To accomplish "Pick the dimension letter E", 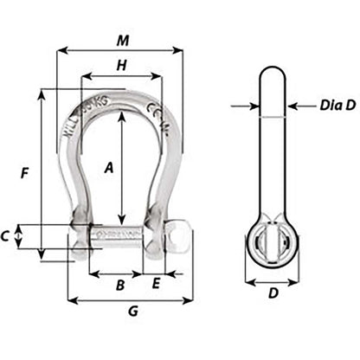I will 156,282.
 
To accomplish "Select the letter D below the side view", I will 273,293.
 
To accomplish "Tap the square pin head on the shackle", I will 179,235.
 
